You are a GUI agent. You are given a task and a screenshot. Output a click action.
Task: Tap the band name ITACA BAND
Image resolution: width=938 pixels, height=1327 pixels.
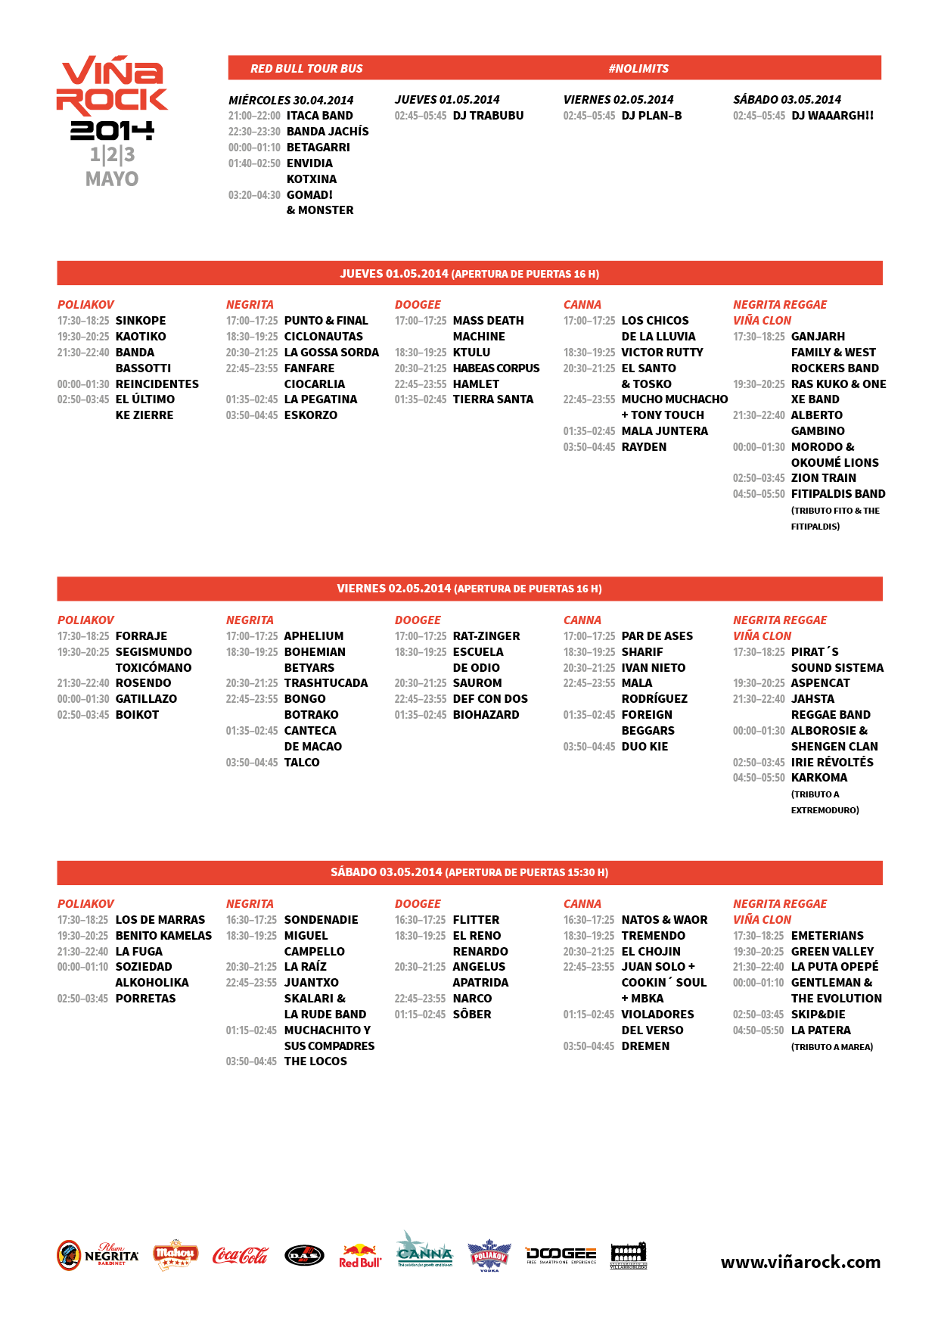[319, 116]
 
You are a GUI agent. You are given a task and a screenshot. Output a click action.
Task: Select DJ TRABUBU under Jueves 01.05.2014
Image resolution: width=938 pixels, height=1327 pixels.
[488, 116]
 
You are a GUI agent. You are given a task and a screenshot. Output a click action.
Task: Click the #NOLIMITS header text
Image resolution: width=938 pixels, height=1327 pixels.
[638, 69]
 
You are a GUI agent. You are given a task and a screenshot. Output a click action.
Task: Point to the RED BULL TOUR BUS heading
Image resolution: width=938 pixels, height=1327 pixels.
[306, 69]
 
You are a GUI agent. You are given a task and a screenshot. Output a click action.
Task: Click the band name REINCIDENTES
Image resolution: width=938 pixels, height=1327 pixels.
[157, 384]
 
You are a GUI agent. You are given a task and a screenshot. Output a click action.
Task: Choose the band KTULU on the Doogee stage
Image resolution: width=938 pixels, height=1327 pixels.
[471, 353]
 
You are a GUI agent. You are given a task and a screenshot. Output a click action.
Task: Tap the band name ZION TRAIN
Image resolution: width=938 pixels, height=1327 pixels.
[823, 478]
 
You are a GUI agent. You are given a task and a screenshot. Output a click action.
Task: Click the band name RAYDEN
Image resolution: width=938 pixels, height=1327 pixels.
[644, 447]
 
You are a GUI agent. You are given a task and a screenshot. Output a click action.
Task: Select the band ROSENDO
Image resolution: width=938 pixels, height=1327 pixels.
[143, 683]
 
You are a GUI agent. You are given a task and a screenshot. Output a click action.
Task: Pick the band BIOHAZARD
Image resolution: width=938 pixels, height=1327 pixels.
[486, 715]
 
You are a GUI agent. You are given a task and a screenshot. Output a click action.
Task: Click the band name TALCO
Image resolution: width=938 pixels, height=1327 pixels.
[302, 763]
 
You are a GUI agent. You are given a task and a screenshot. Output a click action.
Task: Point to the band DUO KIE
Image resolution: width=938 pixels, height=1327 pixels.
[644, 747]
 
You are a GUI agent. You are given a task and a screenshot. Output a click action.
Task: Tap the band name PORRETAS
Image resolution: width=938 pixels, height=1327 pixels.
[145, 999]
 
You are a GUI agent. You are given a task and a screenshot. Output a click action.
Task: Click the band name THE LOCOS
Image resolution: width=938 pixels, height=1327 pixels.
[315, 1061]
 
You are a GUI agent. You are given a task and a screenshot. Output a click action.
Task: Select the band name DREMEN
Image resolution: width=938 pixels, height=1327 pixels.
[645, 1046]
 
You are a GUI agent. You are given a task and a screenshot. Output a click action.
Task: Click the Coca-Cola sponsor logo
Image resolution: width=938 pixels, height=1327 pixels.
[240, 1256]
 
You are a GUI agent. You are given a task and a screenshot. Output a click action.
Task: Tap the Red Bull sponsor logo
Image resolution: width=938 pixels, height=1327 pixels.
[360, 1256]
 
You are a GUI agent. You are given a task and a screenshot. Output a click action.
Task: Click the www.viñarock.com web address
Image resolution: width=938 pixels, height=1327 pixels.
[800, 1262]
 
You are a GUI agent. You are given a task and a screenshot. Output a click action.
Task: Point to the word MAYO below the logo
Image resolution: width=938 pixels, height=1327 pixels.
[112, 179]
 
